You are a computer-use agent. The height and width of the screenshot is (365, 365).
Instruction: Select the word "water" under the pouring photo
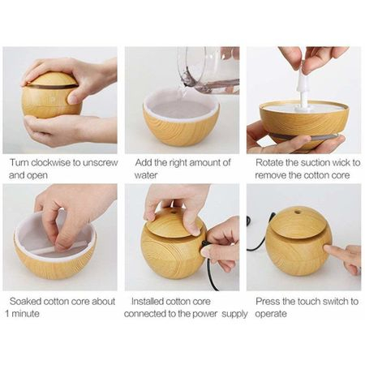(146, 175)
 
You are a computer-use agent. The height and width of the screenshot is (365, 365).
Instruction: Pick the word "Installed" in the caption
(148, 301)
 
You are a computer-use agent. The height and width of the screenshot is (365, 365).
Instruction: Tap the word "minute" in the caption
(25, 314)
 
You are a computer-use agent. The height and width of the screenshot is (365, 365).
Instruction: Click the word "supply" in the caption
(234, 315)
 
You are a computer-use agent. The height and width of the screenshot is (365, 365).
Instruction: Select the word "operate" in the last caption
(271, 315)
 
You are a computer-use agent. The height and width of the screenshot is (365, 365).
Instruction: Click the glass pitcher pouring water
(208, 70)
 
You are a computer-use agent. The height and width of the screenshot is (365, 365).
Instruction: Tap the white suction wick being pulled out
(303, 91)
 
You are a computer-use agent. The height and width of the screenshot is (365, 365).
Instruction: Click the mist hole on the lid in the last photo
(298, 210)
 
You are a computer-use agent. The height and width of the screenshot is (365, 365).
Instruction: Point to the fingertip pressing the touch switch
(327, 249)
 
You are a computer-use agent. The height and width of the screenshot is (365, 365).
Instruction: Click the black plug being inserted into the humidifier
(204, 244)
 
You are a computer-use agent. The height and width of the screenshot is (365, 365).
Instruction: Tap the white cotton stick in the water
(57, 249)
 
